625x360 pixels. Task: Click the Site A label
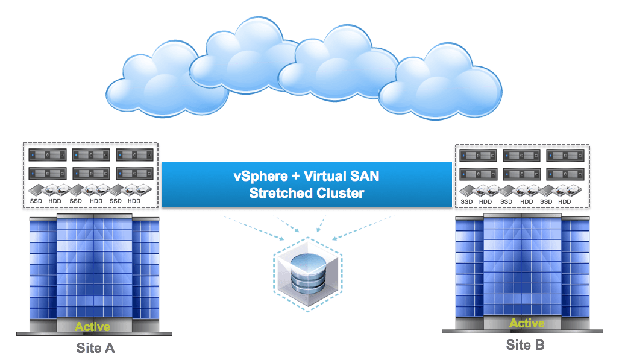(95, 347)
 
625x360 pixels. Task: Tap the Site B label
(525, 345)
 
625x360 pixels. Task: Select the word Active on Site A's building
(92, 327)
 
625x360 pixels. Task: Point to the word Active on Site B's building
(527, 323)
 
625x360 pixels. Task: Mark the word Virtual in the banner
(326, 178)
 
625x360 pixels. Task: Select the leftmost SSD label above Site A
(36, 201)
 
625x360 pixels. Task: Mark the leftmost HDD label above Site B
(486, 201)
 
